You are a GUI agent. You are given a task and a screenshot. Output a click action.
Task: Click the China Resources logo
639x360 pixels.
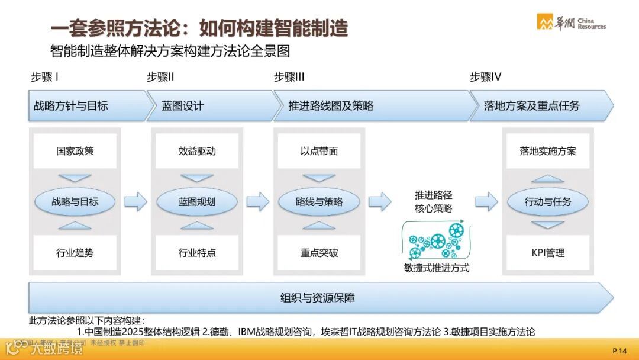571,22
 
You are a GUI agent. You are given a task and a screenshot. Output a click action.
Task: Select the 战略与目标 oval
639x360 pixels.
75,202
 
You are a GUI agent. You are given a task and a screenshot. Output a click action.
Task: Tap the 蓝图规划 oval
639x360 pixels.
197,202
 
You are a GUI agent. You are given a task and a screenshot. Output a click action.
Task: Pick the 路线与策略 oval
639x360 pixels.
319,202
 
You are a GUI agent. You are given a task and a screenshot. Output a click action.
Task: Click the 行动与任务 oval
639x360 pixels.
548,202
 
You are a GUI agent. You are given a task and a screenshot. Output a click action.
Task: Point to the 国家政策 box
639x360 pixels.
75,151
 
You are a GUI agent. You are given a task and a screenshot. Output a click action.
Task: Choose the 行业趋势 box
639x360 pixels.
75,253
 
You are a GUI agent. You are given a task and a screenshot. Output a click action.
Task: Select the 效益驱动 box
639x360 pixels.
197,151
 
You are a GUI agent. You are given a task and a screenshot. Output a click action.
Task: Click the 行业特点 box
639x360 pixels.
197,253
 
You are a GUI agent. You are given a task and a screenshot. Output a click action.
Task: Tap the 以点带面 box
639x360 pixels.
319,151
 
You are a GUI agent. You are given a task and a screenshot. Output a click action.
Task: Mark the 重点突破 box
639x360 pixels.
319,253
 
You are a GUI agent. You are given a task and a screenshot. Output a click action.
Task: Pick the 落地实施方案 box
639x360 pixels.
548,151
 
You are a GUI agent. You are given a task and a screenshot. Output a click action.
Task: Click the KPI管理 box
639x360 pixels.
548,253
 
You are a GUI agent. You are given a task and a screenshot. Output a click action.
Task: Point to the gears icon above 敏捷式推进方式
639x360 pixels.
434,240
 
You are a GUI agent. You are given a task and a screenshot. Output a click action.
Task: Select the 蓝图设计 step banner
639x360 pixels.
209,106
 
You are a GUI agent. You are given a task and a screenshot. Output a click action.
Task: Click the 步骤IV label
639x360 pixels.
486,77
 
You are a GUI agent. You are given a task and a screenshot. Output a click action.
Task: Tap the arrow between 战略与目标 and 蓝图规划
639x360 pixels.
135,201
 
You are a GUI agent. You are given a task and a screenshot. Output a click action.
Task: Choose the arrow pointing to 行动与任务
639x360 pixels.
486,201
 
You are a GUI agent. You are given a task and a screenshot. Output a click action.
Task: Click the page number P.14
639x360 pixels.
619,351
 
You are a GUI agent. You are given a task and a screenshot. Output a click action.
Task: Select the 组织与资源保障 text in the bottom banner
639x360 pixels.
318,298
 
